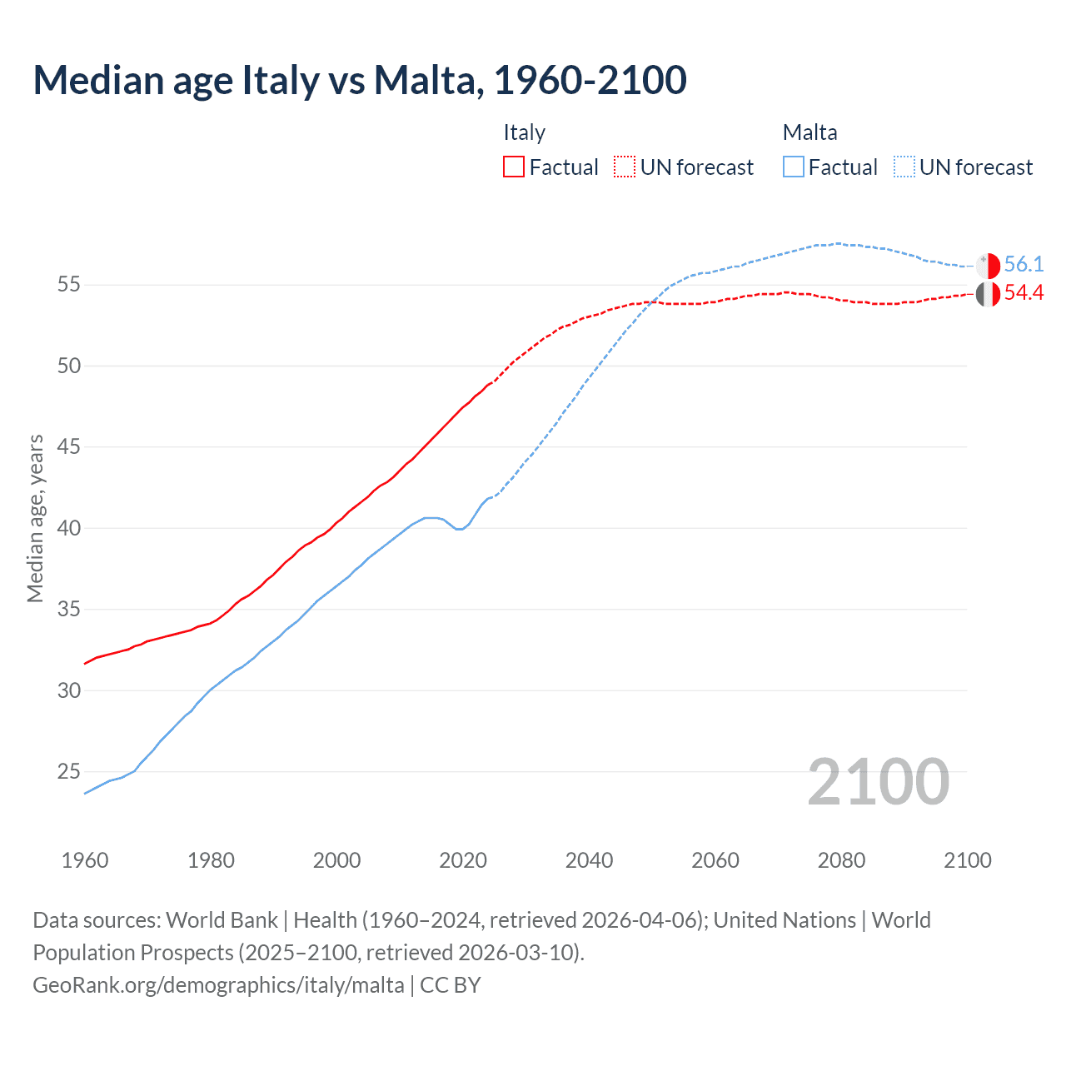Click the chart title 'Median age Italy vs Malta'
tap(359, 80)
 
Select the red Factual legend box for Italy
tap(514, 167)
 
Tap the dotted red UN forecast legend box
tap(625, 167)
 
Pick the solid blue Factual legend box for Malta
tap(794, 167)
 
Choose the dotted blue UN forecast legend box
tap(904, 167)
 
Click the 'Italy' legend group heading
tap(524, 132)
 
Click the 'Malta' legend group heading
tap(809, 132)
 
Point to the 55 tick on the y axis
tap(68, 285)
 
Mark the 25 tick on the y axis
tap(68, 772)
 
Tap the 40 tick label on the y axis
tap(68, 528)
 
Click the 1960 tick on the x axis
tap(85, 860)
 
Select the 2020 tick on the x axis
tap(463, 860)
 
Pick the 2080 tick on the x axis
tap(841, 860)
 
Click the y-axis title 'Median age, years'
tap(35, 518)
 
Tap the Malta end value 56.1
tap(1024, 265)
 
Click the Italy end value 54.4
tap(1024, 293)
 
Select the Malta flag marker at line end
tap(988, 266)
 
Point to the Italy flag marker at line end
tap(988, 294)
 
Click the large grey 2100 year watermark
tap(878, 782)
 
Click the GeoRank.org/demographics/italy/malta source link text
tap(218, 985)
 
